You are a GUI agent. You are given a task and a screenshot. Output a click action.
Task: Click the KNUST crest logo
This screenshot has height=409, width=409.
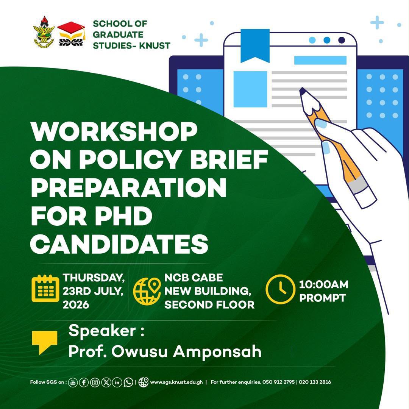44,32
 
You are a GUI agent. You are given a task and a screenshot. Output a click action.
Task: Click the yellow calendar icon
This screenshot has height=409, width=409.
45,289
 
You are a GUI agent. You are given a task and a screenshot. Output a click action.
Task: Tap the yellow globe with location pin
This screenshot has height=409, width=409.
147,291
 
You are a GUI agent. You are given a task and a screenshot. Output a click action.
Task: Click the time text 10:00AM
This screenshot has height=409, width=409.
324,284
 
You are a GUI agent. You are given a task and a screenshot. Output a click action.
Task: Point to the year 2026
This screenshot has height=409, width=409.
76,304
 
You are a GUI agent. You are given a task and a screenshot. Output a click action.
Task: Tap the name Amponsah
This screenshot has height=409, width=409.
217,352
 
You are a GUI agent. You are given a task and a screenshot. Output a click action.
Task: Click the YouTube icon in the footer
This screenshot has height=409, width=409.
73,382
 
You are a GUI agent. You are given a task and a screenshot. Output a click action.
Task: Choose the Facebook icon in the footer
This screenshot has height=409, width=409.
84,382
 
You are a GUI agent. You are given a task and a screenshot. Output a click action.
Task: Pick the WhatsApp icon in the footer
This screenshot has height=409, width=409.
128,382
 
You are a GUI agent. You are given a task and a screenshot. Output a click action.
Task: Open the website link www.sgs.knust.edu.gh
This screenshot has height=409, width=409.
176,382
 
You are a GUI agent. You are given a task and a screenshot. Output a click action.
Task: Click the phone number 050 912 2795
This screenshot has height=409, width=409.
279,382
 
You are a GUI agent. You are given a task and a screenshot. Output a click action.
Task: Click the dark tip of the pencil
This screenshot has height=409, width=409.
303,91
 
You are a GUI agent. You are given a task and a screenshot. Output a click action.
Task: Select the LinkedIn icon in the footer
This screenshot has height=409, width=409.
117,382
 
